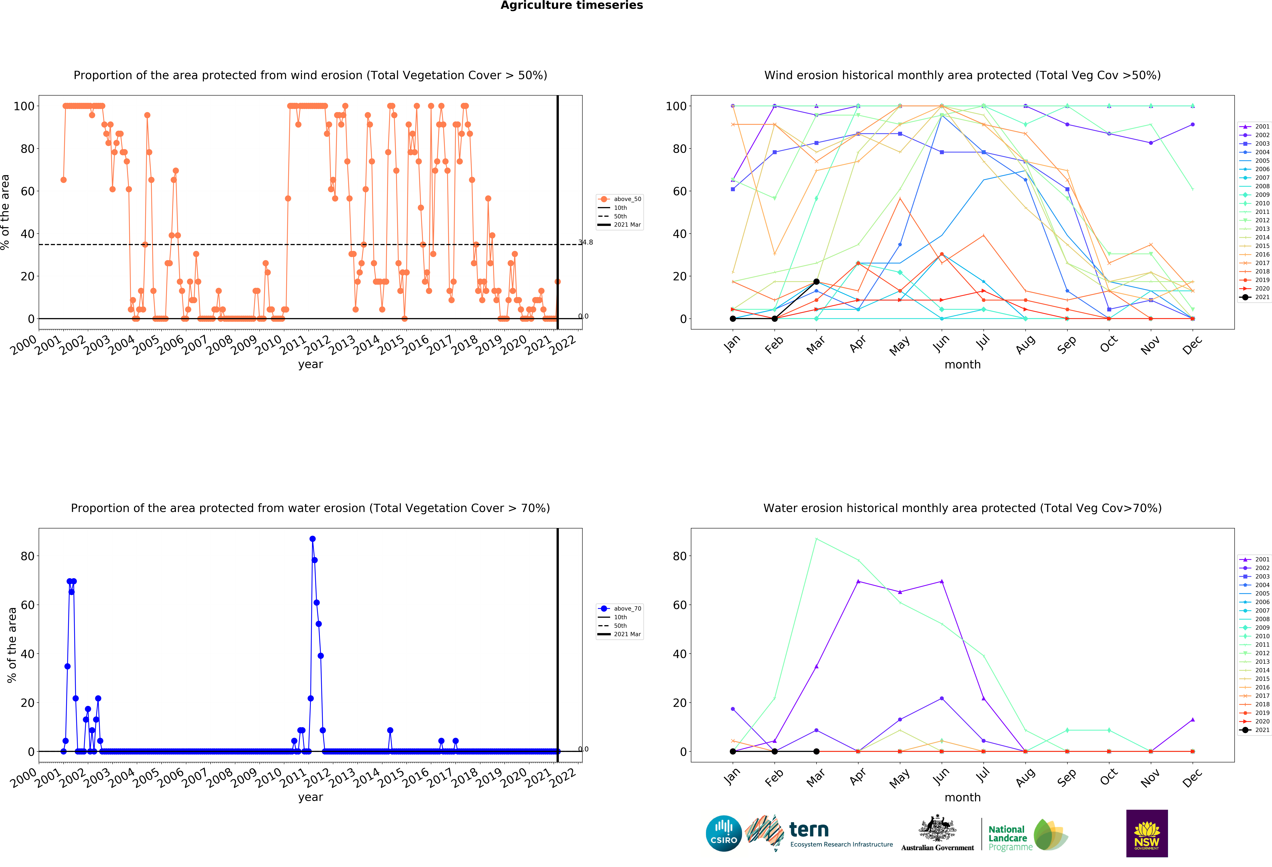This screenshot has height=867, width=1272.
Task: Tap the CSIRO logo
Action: pyautogui.click(x=724, y=834)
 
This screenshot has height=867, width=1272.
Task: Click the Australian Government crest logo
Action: pyautogui.click(x=937, y=833)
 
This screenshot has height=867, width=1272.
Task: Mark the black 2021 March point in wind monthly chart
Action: pyautogui.click(x=816, y=282)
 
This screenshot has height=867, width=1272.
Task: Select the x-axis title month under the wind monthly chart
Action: pyautogui.click(x=962, y=364)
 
